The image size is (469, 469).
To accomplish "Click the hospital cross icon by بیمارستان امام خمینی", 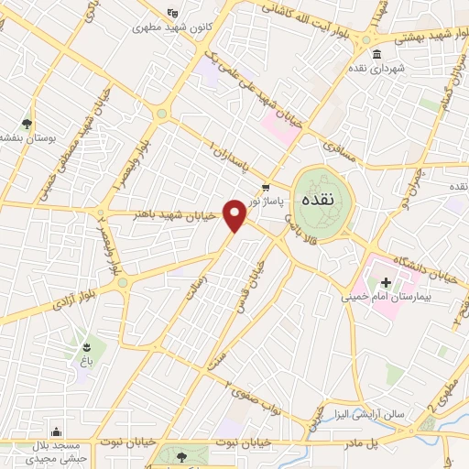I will [x=386, y=282].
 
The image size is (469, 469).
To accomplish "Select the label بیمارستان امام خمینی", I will [x=386, y=297].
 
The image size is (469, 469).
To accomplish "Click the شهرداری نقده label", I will [x=376, y=68].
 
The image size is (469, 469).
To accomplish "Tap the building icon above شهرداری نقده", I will [x=377, y=53].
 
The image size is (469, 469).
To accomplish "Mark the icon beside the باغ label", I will [x=85, y=346].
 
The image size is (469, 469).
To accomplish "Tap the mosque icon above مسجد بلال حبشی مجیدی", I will [x=57, y=431].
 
